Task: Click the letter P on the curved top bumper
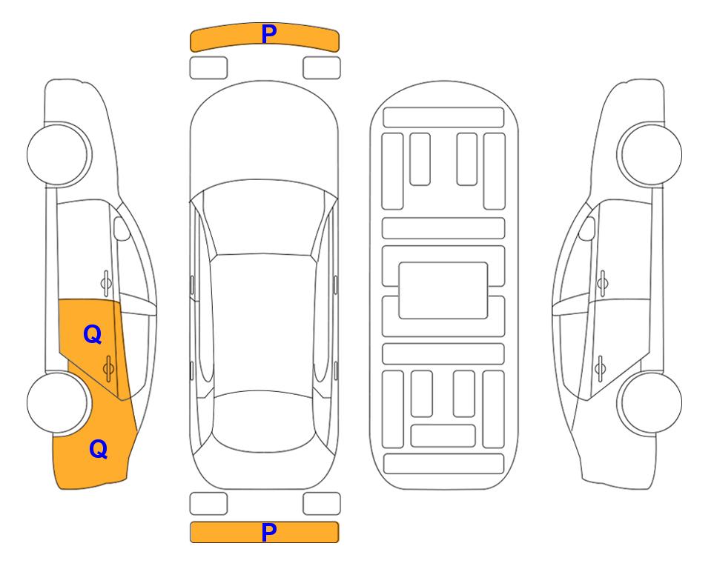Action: (269, 34)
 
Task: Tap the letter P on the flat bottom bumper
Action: (269, 532)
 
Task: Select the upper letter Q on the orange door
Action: (93, 335)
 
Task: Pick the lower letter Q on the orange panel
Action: (99, 449)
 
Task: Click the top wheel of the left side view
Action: (59, 154)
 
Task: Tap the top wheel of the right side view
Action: (649, 154)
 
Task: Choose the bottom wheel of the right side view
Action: (649, 402)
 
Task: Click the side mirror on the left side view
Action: (122, 228)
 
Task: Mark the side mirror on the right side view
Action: (587, 228)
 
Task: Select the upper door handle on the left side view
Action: (106, 283)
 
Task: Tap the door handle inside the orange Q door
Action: (108, 368)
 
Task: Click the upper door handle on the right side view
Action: (602, 283)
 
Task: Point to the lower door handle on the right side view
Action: (600, 368)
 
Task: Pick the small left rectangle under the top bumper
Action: (208, 68)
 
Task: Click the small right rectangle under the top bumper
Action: (322, 68)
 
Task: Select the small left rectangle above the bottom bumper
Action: (208, 504)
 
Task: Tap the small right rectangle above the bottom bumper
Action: (322, 504)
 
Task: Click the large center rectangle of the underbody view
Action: (443, 290)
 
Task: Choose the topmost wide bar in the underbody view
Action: (443, 118)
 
